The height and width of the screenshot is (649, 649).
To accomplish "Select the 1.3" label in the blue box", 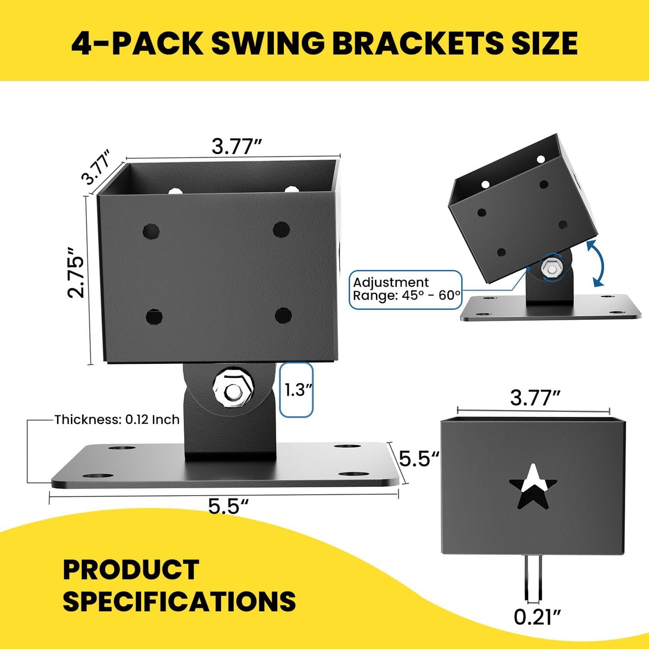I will (296, 390).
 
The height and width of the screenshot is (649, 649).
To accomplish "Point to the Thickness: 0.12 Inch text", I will (117, 419).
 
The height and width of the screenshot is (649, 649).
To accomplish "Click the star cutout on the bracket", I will (533, 487).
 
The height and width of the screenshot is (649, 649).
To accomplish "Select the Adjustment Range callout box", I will (406, 289).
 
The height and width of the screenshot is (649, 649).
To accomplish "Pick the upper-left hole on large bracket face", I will (151, 231).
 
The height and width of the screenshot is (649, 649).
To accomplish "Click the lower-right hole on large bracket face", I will (283, 315).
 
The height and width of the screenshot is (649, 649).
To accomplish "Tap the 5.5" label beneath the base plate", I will (228, 506).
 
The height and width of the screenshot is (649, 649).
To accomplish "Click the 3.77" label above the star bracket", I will (535, 398).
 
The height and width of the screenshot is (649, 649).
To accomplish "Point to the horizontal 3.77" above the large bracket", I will (237, 146).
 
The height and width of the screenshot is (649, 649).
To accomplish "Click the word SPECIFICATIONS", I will (179, 601).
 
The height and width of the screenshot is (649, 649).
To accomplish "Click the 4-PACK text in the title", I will (137, 44).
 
